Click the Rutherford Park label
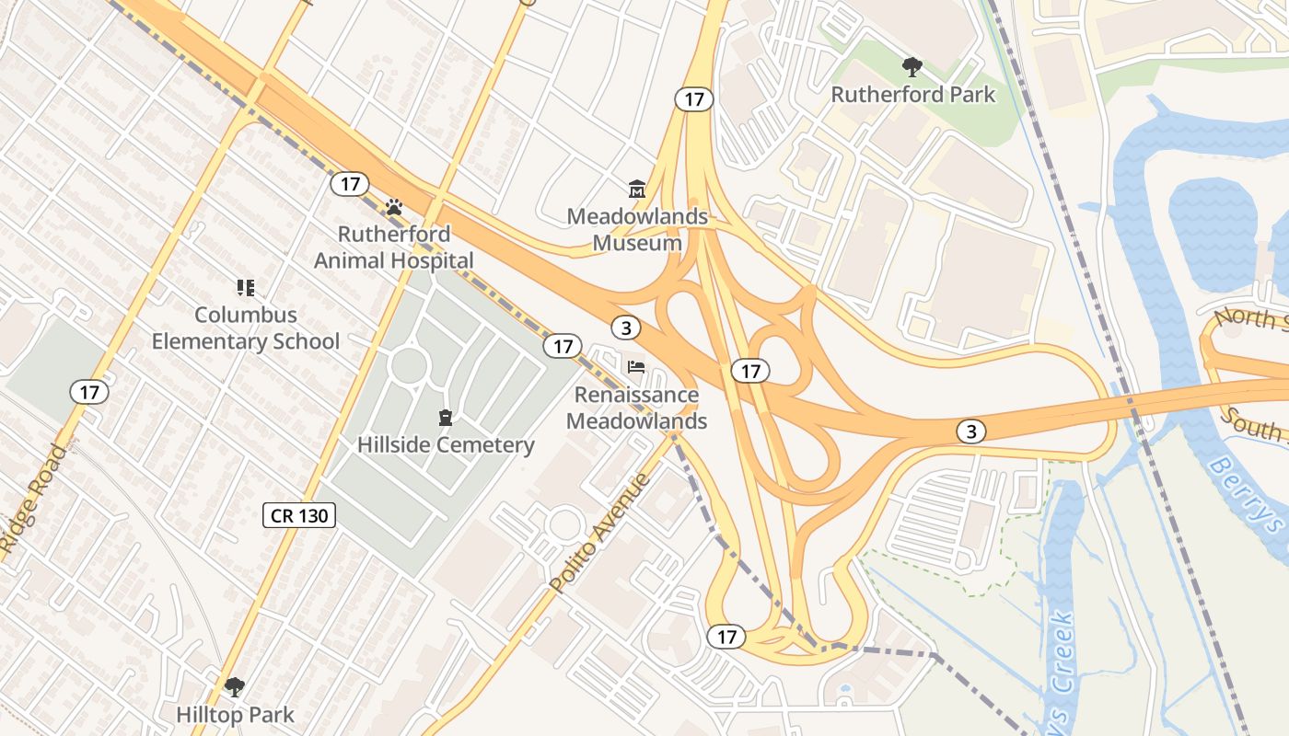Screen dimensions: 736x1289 tap(912, 94)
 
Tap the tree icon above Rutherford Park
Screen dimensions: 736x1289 tap(912, 66)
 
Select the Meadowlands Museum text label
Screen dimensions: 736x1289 tap(637, 229)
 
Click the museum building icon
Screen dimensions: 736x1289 tap(636, 190)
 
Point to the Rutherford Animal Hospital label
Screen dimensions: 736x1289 tap(394, 247)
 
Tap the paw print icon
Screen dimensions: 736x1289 tap(394, 207)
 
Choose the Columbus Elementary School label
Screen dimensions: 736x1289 tap(246, 328)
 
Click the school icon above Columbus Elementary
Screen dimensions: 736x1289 tap(245, 288)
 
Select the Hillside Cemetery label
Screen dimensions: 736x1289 tap(446, 445)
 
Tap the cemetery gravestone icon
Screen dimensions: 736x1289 tap(446, 419)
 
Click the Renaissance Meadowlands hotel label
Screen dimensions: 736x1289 tap(636, 408)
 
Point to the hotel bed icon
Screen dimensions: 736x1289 tap(635, 367)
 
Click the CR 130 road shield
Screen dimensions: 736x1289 tap(299, 515)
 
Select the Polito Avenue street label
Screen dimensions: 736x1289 tap(600, 533)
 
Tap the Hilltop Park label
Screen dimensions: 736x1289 tap(235, 714)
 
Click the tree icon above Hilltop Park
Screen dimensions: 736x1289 tap(235, 686)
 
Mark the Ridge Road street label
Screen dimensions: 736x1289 tap(34, 501)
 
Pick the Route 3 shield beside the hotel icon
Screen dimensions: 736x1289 tap(626, 328)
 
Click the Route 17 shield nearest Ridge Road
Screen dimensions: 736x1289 tap(89, 393)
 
